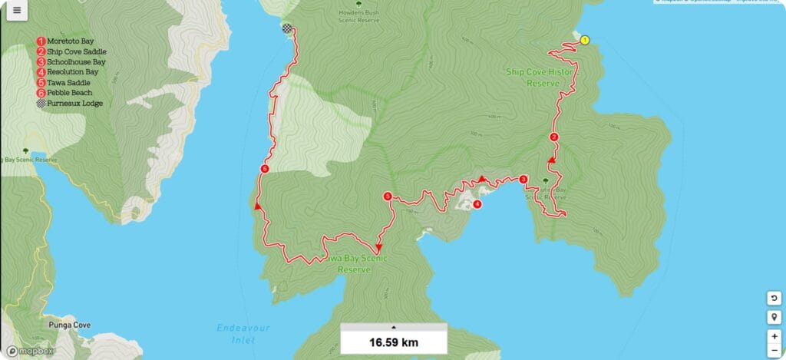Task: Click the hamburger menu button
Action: [17, 11]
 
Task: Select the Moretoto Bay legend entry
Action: [69, 41]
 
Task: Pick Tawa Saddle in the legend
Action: [68, 82]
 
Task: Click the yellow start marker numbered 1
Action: [585, 40]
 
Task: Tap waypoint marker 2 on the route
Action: [553, 137]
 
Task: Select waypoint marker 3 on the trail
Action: [523, 180]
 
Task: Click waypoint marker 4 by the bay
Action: [477, 204]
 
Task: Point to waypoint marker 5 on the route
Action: [388, 197]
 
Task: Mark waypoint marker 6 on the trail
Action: [264, 169]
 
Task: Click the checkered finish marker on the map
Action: [286, 29]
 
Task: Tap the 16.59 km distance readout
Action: [393, 342]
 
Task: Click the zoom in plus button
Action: [774, 336]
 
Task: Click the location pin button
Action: [774, 318]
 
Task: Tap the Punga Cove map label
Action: [68, 325]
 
